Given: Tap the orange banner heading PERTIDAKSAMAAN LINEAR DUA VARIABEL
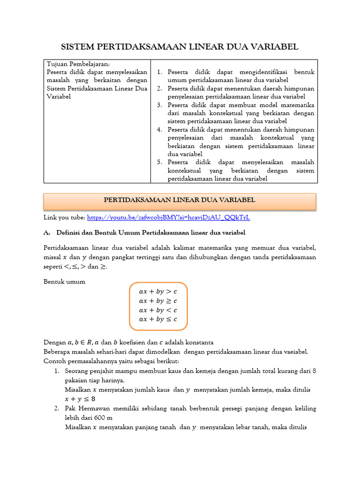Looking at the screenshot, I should [180, 201].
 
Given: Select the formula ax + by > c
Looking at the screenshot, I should [158, 291].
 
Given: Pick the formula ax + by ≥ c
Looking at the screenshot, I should [158, 300].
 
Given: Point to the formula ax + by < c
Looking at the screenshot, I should [158, 310].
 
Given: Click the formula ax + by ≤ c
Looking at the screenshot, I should [158, 319].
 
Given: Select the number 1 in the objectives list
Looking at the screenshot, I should [159, 72].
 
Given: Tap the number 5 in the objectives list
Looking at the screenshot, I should [159, 162].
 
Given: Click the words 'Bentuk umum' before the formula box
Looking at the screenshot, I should [65, 282].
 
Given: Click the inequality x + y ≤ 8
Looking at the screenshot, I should [80, 399].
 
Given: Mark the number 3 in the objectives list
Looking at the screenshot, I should [159, 105].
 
